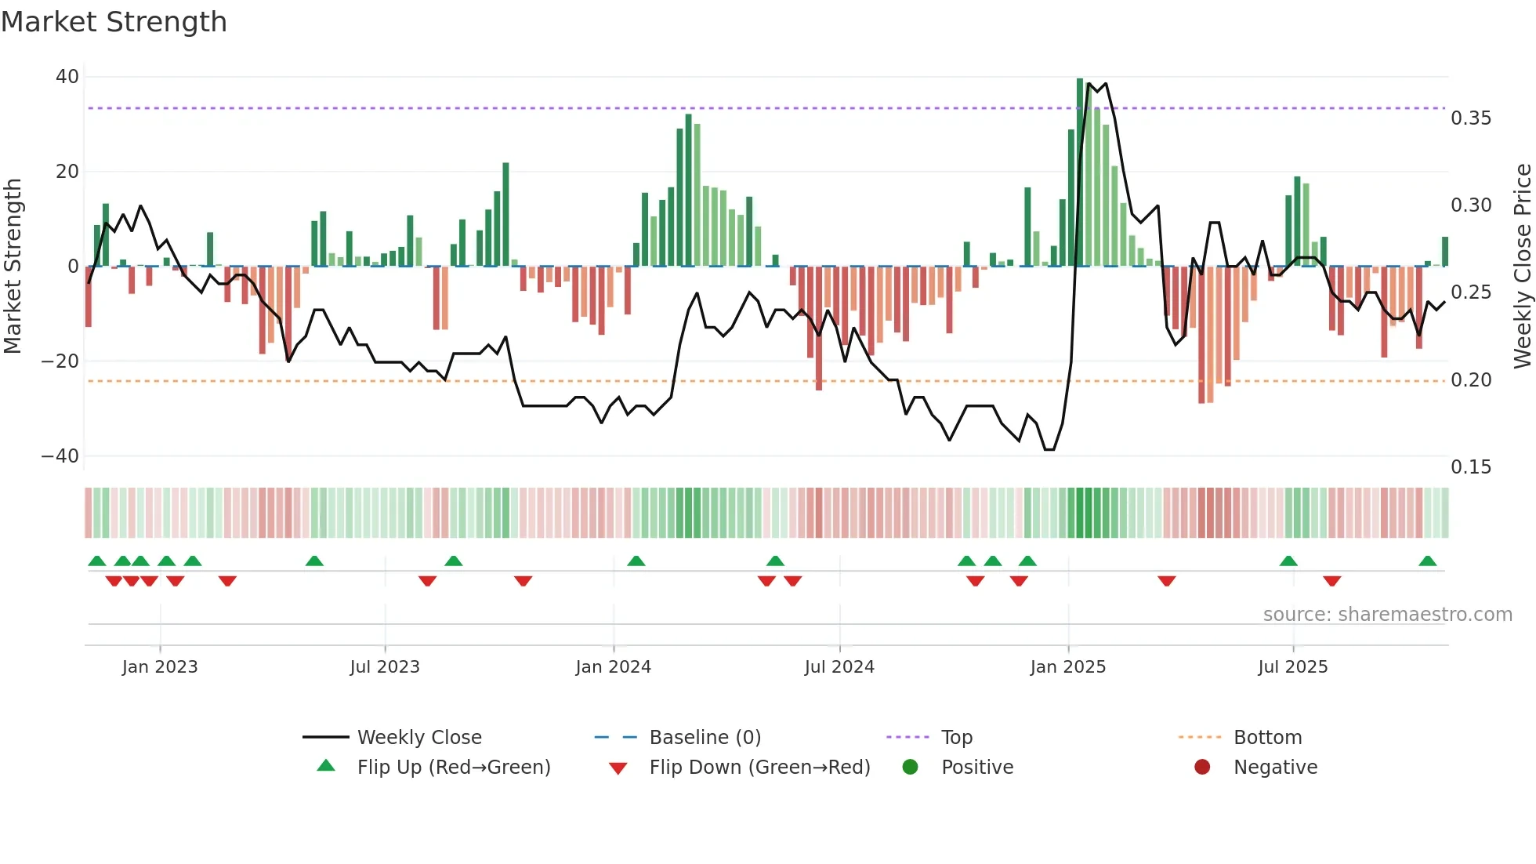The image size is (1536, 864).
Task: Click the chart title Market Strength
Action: click(x=114, y=22)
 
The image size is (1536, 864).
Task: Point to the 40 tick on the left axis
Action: click(x=67, y=77)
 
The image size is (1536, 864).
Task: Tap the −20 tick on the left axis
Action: click(x=60, y=361)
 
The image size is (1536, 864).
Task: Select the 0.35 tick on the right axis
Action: click(x=1471, y=118)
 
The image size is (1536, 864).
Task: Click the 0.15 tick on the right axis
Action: click(x=1471, y=467)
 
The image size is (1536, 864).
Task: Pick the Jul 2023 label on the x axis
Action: click(x=385, y=667)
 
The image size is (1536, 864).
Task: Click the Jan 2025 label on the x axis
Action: click(x=1067, y=667)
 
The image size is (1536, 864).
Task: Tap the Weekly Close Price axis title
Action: click(x=1522, y=267)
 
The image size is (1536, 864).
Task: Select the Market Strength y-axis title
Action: click(x=13, y=267)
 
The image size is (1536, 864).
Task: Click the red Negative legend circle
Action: click(x=1202, y=768)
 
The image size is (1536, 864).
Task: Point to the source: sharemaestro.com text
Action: click(x=1387, y=615)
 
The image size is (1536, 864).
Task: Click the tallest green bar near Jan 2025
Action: click(x=1080, y=172)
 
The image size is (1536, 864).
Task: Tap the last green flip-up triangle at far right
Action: click(x=1427, y=561)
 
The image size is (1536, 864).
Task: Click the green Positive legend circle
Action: click(x=910, y=768)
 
